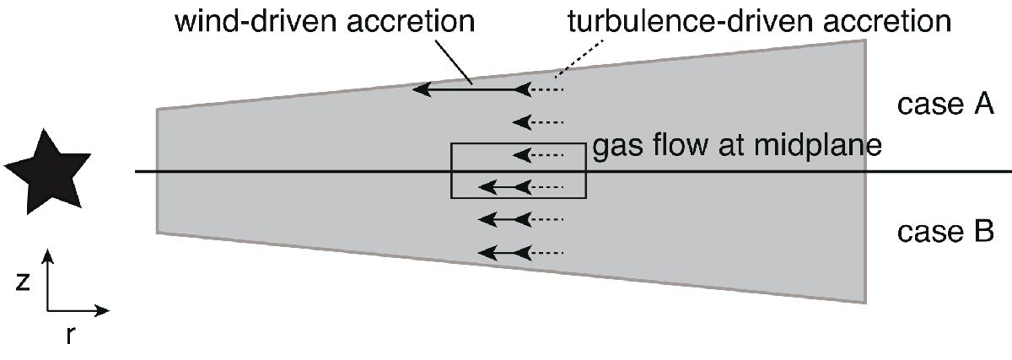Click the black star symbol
[47, 178]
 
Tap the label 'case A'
[945, 105]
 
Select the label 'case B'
[945, 232]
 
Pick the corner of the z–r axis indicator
[49, 310]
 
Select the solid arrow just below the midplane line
[503, 186]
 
